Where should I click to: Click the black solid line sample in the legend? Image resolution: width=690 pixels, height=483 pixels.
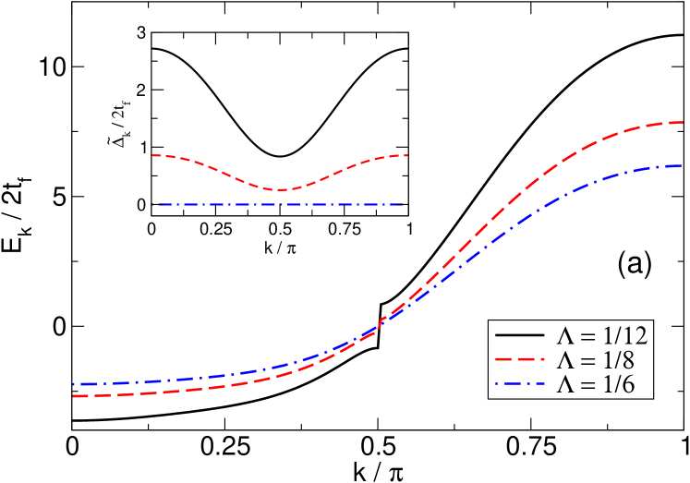(x=518, y=334)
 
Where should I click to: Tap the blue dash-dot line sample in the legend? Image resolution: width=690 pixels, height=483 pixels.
(x=518, y=383)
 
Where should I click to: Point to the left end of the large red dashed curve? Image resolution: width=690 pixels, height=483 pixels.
(x=74, y=396)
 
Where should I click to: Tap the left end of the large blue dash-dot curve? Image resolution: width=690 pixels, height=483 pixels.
(x=74, y=383)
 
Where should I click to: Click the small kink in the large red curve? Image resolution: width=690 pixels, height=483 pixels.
(x=379, y=324)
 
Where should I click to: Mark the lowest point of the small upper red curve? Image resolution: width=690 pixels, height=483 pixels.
(x=281, y=189)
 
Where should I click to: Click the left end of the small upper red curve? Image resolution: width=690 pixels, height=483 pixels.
(x=152, y=155)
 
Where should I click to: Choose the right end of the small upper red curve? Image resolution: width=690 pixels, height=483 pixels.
(x=407, y=155)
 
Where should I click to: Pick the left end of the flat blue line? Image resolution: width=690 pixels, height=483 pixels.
(x=159, y=204)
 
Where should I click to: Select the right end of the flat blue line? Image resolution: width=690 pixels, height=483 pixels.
(x=404, y=204)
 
